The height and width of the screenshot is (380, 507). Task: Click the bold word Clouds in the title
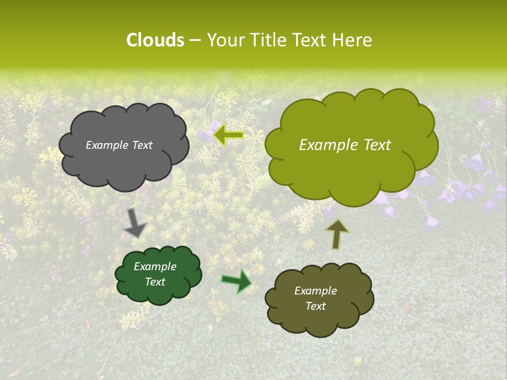click(x=155, y=40)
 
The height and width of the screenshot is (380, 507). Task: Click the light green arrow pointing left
click(x=228, y=135)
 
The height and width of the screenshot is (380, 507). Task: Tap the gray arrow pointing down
click(x=135, y=223)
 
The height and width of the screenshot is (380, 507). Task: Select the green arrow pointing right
click(x=237, y=281)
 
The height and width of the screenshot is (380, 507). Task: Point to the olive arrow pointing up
click(x=337, y=233)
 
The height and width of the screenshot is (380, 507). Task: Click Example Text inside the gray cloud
click(x=119, y=145)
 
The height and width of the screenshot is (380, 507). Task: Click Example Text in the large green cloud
click(x=345, y=145)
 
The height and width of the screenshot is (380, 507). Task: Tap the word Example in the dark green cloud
click(x=155, y=267)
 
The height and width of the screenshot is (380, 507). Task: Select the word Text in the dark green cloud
click(x=155, y=282)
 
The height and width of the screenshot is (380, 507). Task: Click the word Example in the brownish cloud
click(x=315, y=291)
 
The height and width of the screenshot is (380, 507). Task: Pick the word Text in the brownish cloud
click(x=315, y=306)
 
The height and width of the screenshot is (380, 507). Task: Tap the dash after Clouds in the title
click(x=194, y=41)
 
